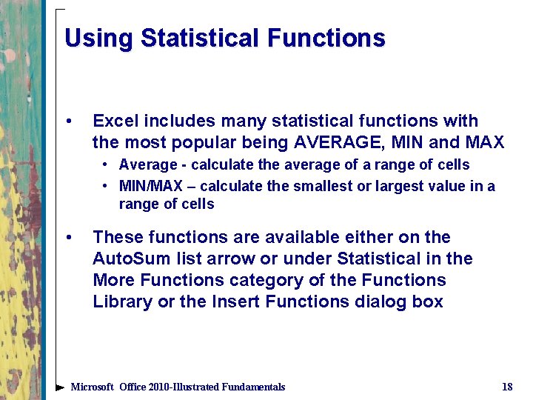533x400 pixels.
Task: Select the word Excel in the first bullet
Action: pyautogui.click(x=115, y=121)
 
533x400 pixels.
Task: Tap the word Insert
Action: pyautogui.click(x=232, y=301)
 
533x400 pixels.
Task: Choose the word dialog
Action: pyautogui.click(x=380, y=301)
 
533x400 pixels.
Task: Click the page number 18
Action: pyautogui.click(x=507, y=387)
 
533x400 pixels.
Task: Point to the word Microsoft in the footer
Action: pyautogui.click(x=92, y=387)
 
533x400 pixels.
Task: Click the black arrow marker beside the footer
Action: pyautogui.click(x=60, y=387)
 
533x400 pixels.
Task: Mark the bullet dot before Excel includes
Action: pyautogui.click(x=68, y=121)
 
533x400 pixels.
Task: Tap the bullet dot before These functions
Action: pyautogui.click(x=68, y=238)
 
